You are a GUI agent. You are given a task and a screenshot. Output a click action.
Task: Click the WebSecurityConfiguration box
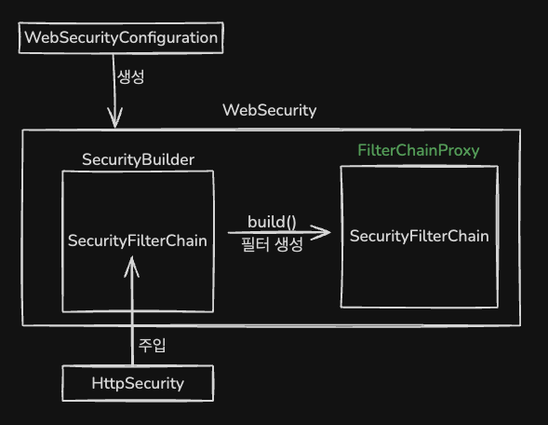coord(121,38)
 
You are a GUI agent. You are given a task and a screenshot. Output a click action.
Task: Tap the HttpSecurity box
coord(138,383)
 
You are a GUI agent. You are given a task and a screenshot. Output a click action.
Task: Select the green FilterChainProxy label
coord(419,150)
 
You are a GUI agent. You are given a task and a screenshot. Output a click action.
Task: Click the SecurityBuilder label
coord(138,159)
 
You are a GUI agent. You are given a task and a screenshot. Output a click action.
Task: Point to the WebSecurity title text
coord(269,110)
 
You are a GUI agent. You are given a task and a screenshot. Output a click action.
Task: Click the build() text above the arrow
coord(272,221)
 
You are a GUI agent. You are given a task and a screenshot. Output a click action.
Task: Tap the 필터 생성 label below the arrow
coord(272,246)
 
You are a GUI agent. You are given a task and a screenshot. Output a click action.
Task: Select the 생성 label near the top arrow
coord(130,77)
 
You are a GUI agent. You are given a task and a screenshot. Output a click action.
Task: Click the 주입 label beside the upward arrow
coord(152,345)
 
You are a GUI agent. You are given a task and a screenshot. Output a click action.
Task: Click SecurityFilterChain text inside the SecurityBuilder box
coord(138,240)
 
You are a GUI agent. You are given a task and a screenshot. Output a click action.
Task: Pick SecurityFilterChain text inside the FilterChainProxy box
coord(419,236)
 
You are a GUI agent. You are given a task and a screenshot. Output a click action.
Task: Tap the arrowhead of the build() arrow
coord(323,232)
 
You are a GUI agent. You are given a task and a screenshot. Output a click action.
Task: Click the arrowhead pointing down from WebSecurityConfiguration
coord(114,119)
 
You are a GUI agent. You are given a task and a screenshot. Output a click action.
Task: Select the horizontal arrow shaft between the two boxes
coord(270,232)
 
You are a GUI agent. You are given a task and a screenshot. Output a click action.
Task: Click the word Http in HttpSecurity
coord(106,383)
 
